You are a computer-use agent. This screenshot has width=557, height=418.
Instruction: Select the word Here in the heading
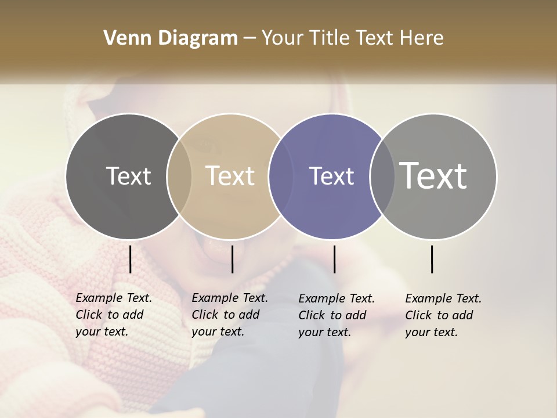(421, 38)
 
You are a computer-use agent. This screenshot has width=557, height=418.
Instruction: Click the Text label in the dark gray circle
(128, 176)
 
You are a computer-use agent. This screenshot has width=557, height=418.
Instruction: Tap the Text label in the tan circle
(230, 176)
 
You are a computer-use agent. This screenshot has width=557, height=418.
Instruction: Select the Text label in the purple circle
(331, 176)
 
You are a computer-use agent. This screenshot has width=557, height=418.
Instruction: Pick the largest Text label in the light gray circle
(433, 176)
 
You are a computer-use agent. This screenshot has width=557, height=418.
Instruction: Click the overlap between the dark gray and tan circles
(179, 176)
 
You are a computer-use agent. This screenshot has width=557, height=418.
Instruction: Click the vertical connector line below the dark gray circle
(130, 259)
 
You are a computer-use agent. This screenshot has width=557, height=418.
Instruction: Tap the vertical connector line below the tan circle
(232, 259)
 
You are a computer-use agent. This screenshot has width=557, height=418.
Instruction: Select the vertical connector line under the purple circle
(334, 259)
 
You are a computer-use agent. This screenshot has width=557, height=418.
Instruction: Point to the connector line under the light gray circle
(432, 259)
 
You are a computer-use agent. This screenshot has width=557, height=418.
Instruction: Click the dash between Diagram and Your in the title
(249, 38)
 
